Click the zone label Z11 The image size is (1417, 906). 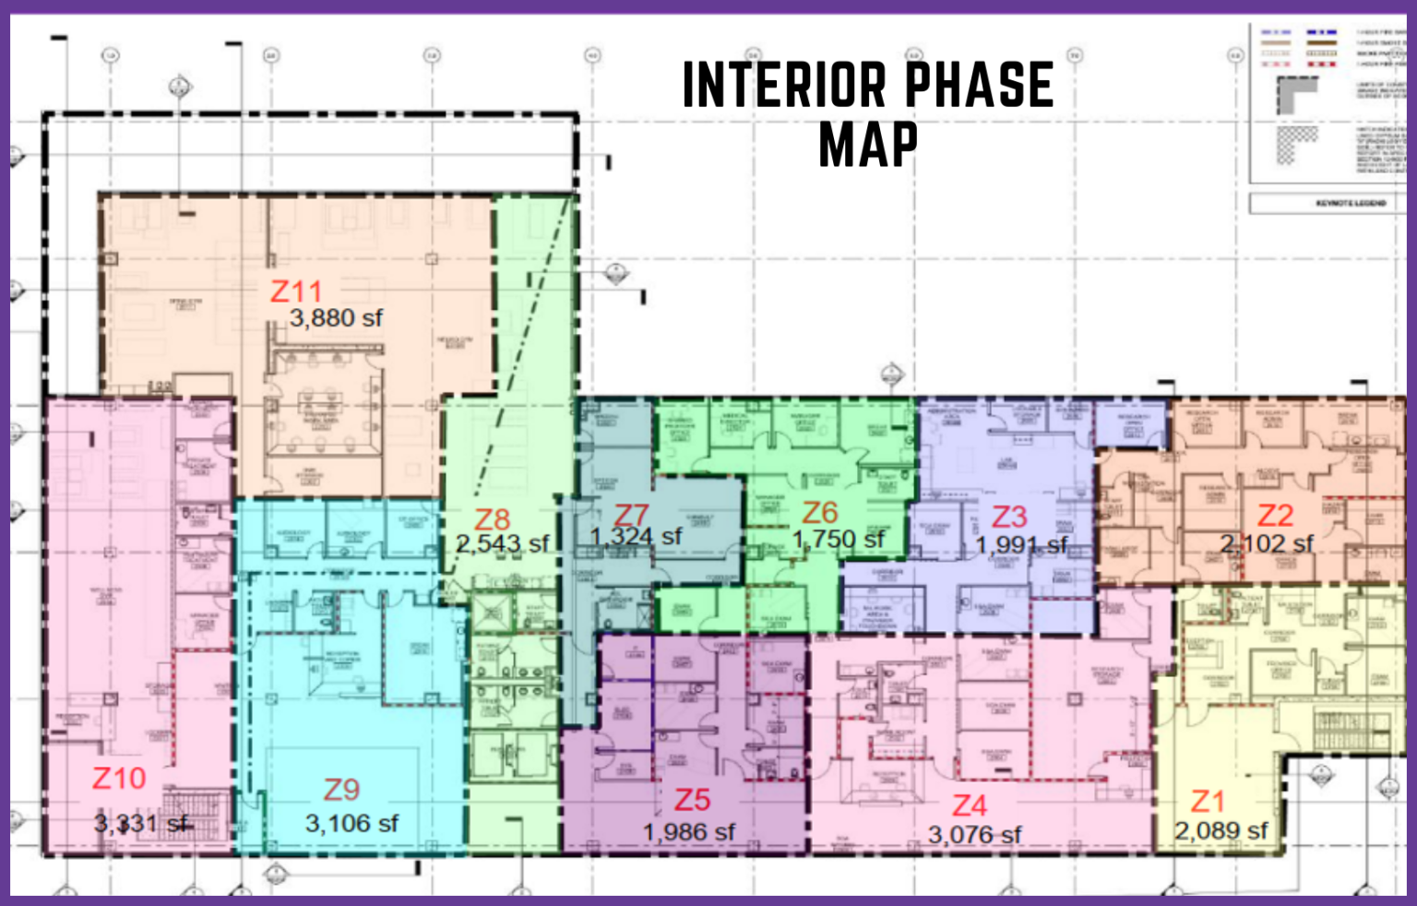[x=296, y=292]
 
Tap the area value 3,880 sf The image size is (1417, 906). [x=336, y=318]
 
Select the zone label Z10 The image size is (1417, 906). [x=119, y=779]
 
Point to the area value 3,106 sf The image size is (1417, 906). [x=351, y=823]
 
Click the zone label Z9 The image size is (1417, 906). [x=341, y=790]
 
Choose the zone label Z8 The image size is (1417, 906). [x=492, y=519]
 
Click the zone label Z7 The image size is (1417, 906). [x=632, y=514]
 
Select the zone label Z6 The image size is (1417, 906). [x=820, y=512]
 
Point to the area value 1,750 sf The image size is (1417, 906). [x=839, y=539]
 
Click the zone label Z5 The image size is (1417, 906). [x=692, y=799]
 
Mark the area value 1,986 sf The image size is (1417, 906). [x=689, y=832]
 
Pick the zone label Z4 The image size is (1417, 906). [x=970, y=805]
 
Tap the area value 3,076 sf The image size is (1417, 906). [x=975, y=835]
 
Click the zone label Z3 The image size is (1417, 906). [x=1009, y=517]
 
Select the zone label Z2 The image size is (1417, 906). [x=1276, y=515]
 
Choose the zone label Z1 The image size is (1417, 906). [x=1208, y=801]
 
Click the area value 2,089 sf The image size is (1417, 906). [x=1221, y=830]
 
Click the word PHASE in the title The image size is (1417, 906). [x=979, y=86]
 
